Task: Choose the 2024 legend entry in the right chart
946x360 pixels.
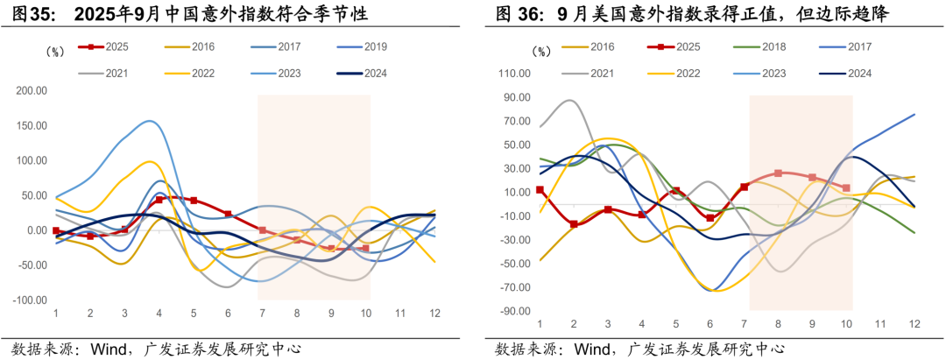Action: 860,73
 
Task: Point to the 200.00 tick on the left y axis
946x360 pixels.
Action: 31,90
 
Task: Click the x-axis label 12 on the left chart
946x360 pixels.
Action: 434,313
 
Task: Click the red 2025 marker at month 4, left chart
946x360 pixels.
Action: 159,200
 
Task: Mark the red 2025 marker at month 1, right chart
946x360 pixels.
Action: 540,189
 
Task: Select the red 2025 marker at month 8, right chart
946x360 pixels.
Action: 778,173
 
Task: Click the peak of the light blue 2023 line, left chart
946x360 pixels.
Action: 151,121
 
